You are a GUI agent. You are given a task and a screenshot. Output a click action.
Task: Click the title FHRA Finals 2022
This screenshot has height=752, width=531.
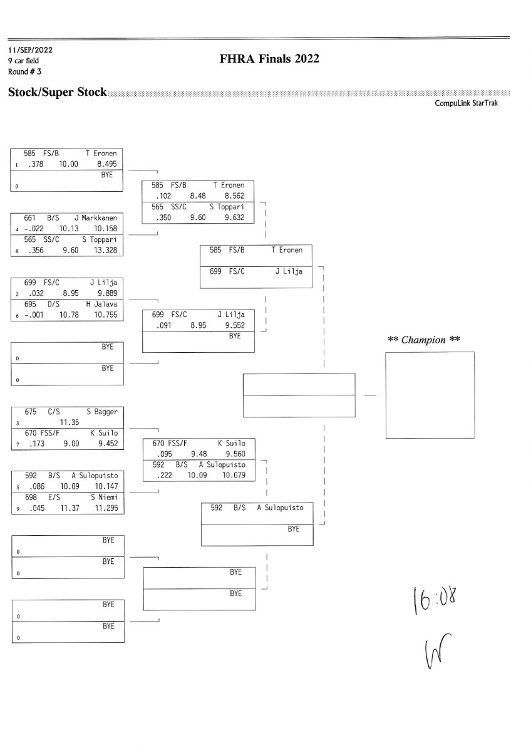point(269,59)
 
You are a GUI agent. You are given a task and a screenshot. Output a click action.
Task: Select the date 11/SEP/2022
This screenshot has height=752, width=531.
point(29,49)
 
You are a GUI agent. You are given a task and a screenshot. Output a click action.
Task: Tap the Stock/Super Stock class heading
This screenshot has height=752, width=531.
point(57,92)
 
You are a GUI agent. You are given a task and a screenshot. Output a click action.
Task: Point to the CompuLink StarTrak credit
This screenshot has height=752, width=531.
point(467,103)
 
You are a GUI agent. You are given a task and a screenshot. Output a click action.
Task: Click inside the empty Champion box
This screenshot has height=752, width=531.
point(429,395)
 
